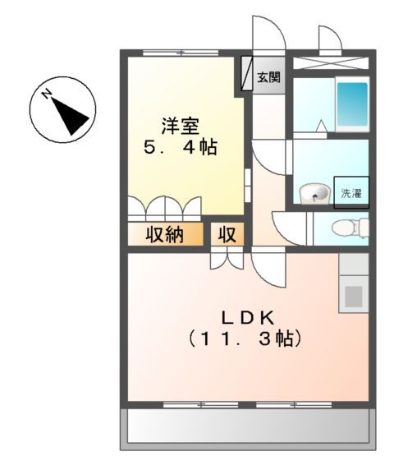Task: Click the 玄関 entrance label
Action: click(268, 79)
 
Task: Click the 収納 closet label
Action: click(164, 235)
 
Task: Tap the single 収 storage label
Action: click(227, 235)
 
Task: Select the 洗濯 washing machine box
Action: click(350, 193)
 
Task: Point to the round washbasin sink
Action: click(313, 195)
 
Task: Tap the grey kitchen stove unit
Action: click(354, 295)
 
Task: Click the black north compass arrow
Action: click(71, 114)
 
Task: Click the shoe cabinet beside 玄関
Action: click(247, 75)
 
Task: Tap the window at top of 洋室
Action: click(174, 53)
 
